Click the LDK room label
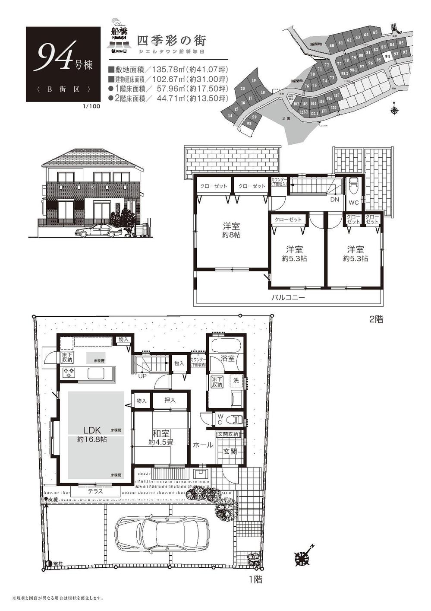coord(92,430)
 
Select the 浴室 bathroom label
coord(227,358)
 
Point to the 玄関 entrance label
coord(230,452)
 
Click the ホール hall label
coord(202,445)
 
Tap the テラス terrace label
coord(95,491)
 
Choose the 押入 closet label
coord(170,401)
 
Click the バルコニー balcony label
coord(288,298)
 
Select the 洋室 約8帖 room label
coord(232,230)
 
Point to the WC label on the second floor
coord(353,202)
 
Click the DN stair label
coord(334,200)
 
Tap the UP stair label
coord(142,376)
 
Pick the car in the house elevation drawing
coord(99,231)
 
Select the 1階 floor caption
coord(255,579)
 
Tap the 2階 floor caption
coord(376,320)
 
